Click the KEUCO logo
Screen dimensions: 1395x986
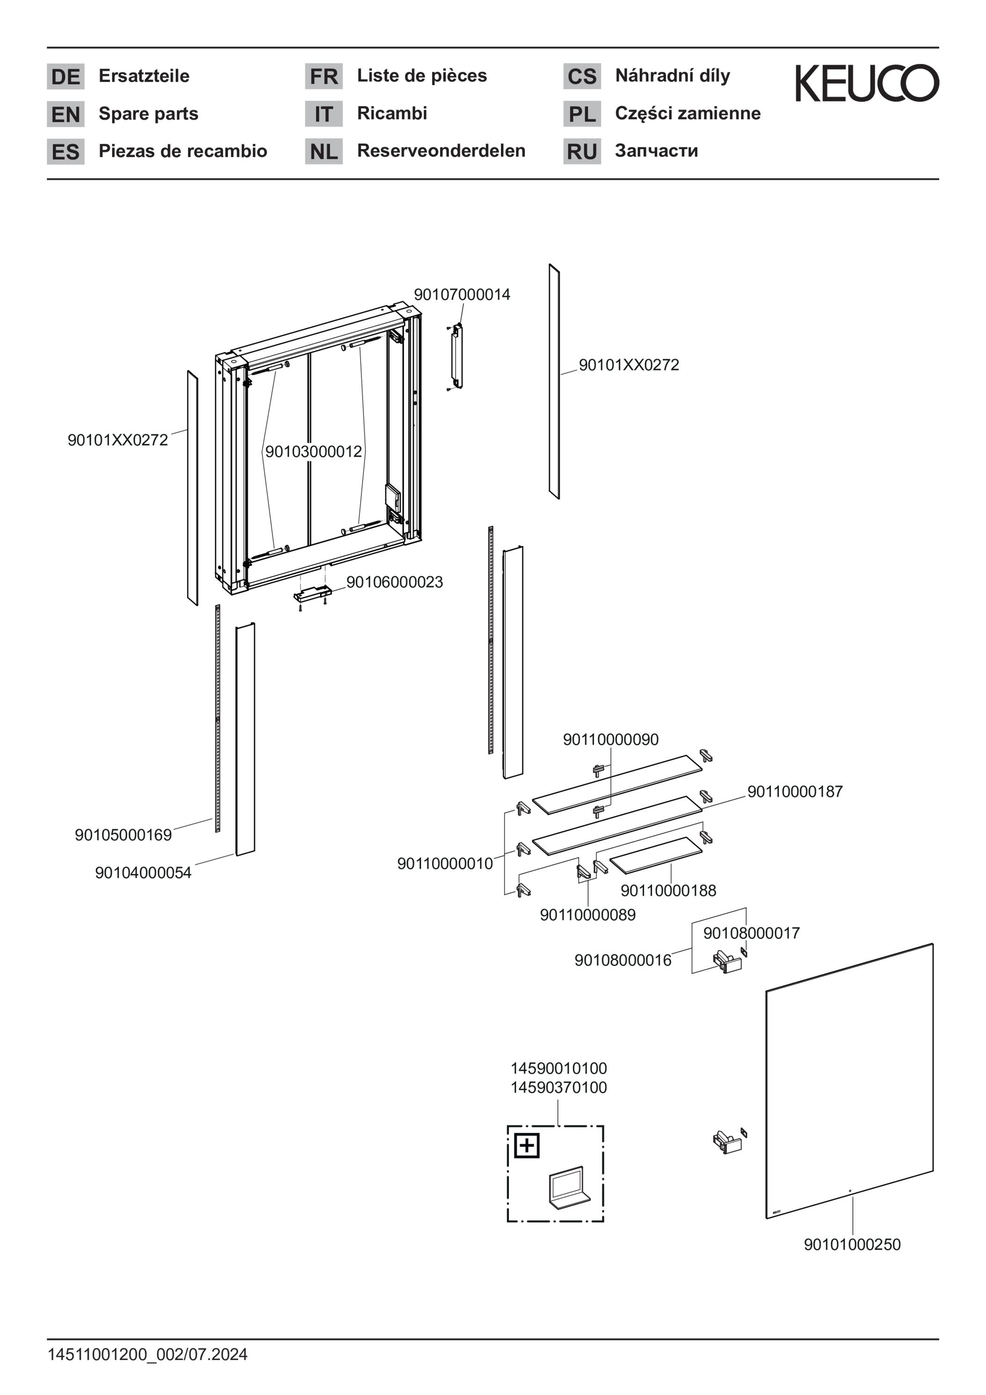[867, 83]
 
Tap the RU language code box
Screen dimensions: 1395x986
[582, 151]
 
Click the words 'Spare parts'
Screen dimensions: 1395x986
[148, 114]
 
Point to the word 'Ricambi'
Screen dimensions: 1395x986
[392, 113]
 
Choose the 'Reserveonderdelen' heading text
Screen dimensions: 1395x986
[441, 151]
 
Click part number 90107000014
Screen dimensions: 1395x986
[462, 295]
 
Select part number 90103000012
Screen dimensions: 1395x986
[313, 451]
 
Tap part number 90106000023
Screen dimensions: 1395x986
[394, 581]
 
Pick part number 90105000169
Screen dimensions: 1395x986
[123, 835]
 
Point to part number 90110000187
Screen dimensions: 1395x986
[795, 791]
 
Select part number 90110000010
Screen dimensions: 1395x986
[445, 864]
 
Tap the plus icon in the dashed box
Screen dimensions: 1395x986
[527, 1145]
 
